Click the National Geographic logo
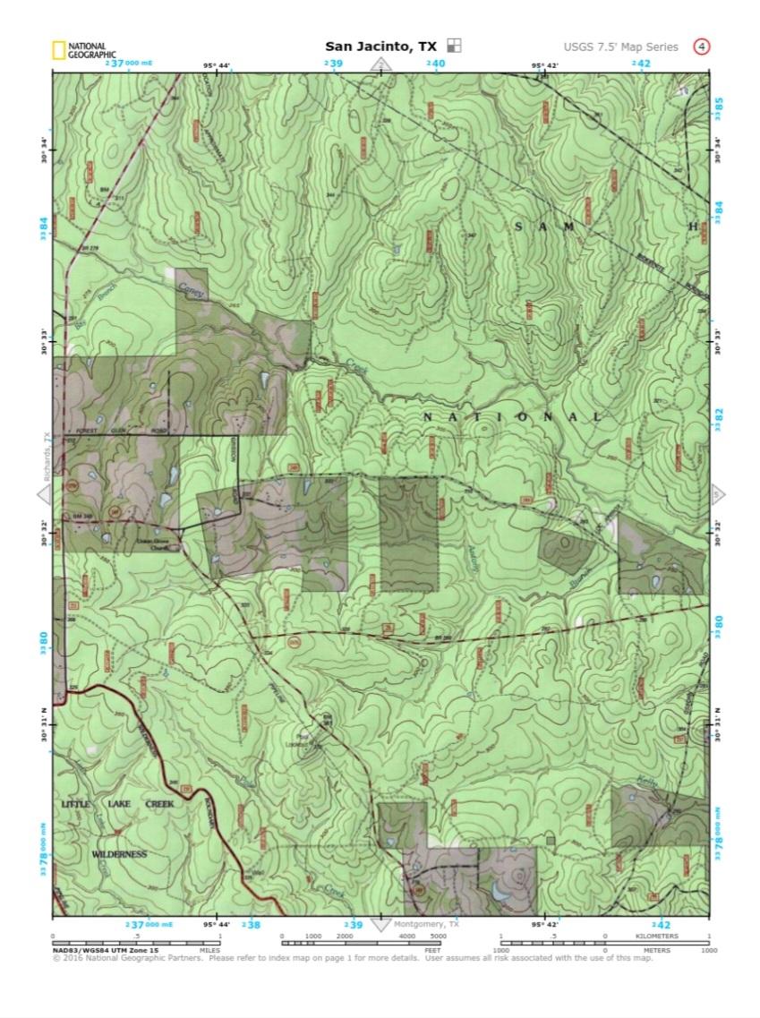pos(78,50)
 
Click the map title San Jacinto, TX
pos(381,47)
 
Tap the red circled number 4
pos(702,47)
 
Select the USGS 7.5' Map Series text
pos(620,47)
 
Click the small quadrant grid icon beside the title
pos(455,46)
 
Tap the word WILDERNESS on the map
pos(119,855)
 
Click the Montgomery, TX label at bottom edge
pos(427,925)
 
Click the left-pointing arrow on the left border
pos(44,495)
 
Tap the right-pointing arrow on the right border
pos(716,495)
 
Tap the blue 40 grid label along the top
pos(436,64)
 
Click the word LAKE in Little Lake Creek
pos(119,804)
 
